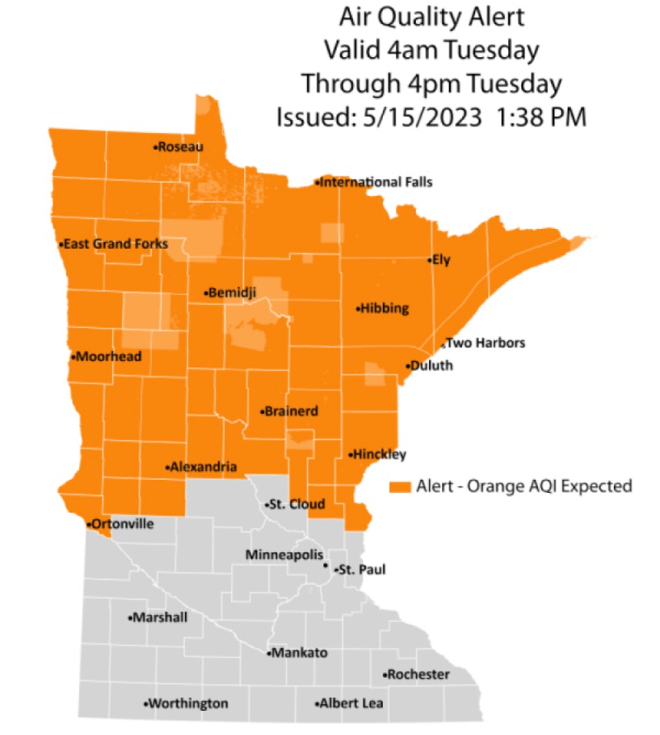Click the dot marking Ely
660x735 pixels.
point(429,261)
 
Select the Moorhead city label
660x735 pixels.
point(109,357)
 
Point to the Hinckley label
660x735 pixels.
point(380,454)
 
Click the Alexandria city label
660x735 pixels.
point(204,467)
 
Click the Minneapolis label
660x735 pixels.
point(283,555)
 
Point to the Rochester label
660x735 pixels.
point(419,674)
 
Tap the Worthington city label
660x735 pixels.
point(188,704)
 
